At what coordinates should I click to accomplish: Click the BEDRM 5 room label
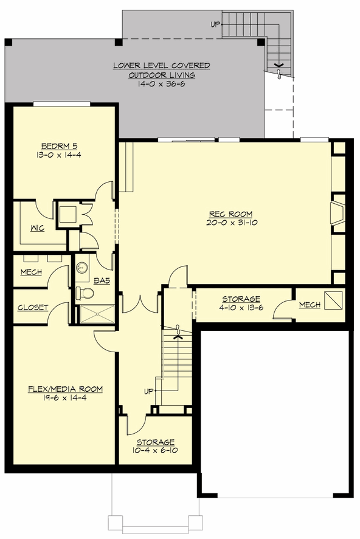coord(59,146)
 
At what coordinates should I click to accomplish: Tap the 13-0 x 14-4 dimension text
coord(59,155)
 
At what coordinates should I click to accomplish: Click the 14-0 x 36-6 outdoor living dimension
coord(161,84)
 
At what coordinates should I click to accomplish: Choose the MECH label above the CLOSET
coord(32,272)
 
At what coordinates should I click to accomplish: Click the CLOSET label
coord(33,308)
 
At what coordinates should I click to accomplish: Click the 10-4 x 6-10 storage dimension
coord(156,451)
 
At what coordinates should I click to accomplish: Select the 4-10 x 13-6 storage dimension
coord(241,308)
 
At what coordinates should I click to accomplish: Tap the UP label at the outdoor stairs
coord(215,25)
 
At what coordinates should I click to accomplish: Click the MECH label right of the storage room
coord(310,304)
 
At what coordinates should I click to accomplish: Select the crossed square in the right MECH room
coord(333,300)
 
